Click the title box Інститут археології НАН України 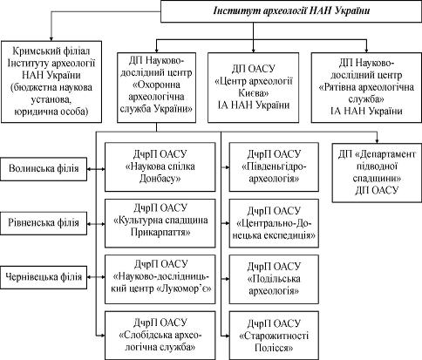pos(291,11)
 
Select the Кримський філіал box pos(51,82)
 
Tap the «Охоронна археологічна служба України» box pos(156,87)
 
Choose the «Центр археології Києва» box pos(253,87)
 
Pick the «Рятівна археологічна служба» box pos(366,87)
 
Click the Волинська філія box pos(44,169)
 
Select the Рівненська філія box pos(44,223)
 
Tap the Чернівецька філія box pos(44,277)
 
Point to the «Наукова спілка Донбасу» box pos(160,166)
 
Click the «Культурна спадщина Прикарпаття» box pos(160,223)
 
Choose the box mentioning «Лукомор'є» pos(160,279)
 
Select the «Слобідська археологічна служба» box pos(160,336)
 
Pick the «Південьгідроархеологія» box pos(274,166)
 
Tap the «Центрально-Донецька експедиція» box pos(274,223)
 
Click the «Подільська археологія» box pos(274,279)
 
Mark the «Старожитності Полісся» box pos(274,336)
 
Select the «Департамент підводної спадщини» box pos(377,173)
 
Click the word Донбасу pos(160,179)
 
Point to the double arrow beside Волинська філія pos(96,169)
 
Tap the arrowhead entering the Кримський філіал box pos(51,38)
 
